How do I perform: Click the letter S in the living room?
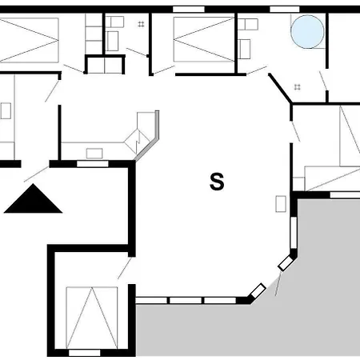(x=216, y=182)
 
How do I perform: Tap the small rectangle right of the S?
(x=281, y=203)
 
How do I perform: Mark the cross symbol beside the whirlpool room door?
(x=298, y=86)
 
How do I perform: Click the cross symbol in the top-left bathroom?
(x=141, y=24)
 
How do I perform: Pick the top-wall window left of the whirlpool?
(x=282, y=9)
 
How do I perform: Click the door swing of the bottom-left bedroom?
(x=125, y=267)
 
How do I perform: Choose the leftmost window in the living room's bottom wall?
(x=153, y=300)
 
